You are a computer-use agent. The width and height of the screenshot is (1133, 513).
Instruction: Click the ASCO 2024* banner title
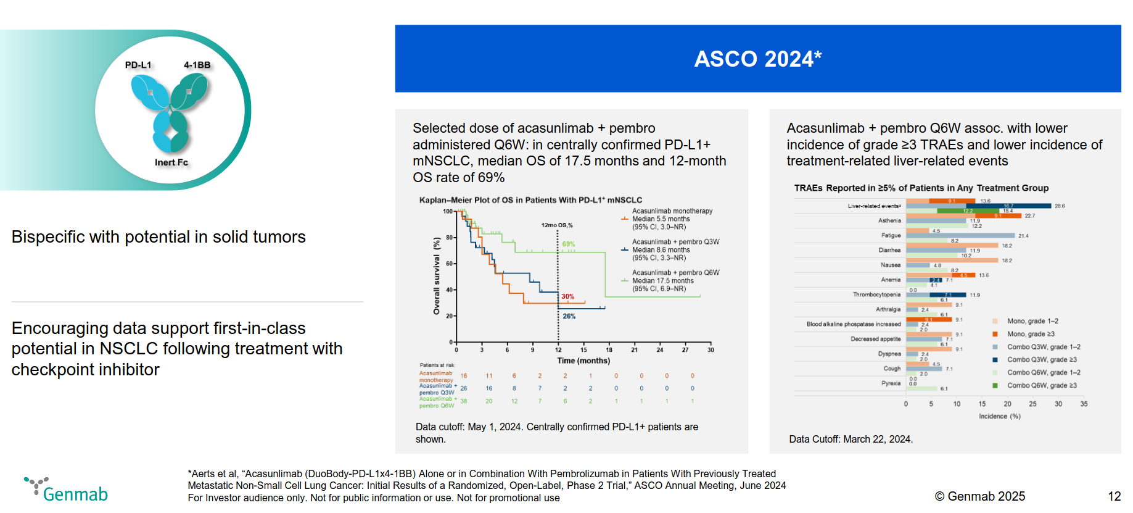(x=757, y=59)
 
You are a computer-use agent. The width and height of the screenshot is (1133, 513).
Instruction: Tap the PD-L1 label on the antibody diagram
(x=138, y=65)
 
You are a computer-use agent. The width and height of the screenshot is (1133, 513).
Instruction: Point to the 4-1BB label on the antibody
(x=197, y=65)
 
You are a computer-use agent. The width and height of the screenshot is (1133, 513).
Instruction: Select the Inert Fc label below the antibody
(x=171, y=162)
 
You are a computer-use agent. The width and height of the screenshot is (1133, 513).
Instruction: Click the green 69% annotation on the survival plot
(x=568, y=244)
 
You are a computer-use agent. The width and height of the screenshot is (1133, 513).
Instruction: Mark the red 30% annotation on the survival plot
(x=567, y=296)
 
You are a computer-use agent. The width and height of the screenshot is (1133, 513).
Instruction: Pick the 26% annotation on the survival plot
(x=569, y=316)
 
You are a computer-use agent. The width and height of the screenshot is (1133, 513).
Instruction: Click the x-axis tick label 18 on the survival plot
(x=609, y=349)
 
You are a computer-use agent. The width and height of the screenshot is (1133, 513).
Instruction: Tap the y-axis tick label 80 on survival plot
(x=449, y=238)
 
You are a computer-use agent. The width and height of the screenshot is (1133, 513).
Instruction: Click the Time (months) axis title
(x=583, y=361)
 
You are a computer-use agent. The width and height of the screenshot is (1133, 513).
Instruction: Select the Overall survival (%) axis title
(x=437, y=276)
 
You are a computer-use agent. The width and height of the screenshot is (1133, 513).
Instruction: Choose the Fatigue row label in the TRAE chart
(x=891, y=235)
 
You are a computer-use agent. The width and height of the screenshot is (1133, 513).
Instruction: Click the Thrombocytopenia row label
(x=876, y=294)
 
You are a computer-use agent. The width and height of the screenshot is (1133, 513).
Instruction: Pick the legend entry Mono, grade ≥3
(x=1031, y=334)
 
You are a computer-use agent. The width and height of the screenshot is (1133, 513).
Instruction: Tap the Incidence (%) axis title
(x=999, y=416)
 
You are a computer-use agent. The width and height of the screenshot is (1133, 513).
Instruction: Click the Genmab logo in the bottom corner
(x=67, y=490)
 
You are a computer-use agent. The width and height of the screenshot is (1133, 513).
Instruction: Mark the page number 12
(x=1114, y=496)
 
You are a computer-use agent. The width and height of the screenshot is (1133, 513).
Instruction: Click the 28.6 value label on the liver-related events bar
(x=1060, y=206)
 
